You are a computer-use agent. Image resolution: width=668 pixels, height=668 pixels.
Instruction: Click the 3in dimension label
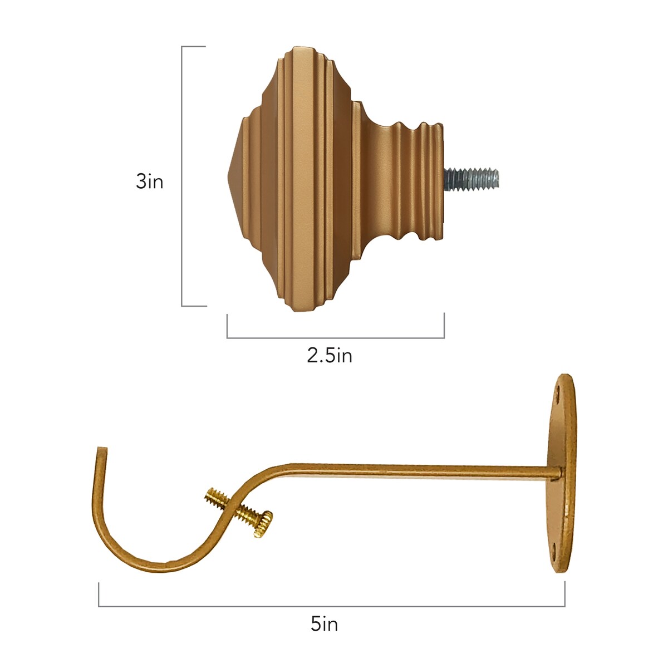tap(149, 181)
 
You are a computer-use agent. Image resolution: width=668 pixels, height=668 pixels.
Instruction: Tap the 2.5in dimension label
tap(330, 356)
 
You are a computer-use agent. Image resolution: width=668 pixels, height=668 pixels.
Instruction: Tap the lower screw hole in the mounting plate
tap(553, 549)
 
